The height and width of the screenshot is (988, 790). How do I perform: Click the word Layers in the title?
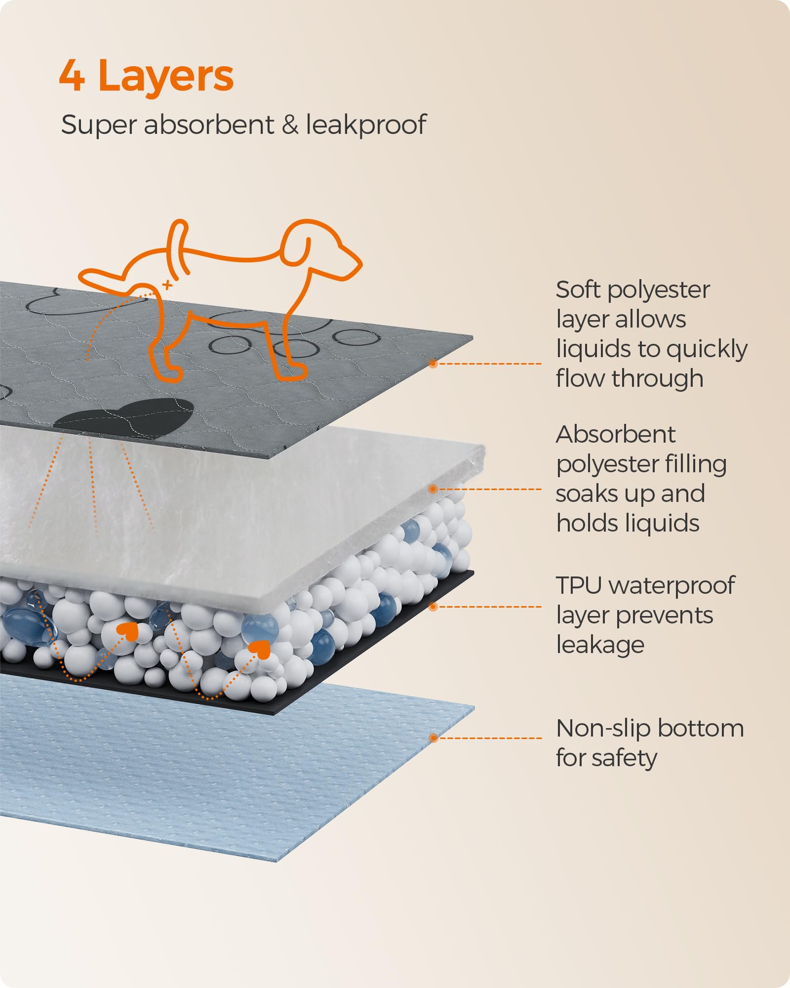tap(166, 77)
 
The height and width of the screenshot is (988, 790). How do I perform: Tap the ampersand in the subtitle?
tap(290, 124)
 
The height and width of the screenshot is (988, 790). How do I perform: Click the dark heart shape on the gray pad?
tap(126, 415)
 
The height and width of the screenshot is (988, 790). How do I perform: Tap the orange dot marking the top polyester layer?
tap(433, 364)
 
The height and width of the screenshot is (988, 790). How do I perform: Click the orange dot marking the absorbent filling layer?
tap(433, 489)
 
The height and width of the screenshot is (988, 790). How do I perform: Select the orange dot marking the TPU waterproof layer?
tap(433, 607)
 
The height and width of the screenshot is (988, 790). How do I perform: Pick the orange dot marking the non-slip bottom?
tap(433, 738)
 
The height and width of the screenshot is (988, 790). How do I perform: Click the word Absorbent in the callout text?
tap(615, 435)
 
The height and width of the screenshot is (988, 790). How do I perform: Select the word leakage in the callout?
tap(600, 646)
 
